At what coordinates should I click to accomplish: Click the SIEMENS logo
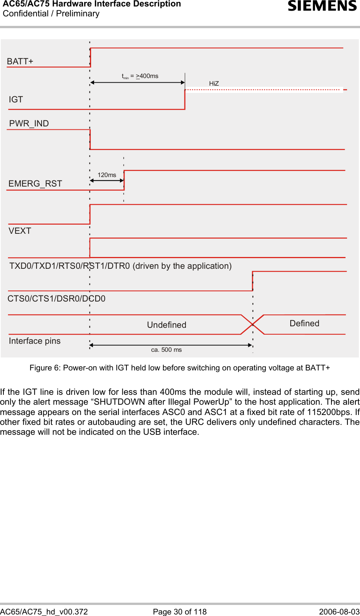tap(322, 6)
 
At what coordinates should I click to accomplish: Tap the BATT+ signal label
tap(20, 61)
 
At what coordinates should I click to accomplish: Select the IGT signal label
tap(16, 99)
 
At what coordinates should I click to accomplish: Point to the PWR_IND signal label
tap(29, 123)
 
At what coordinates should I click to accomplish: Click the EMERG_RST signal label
tap(35, 184)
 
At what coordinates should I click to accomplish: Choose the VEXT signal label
tap(20, 231)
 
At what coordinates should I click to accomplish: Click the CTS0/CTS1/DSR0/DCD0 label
tap(56, 298)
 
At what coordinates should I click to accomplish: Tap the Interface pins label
tap(35, 341)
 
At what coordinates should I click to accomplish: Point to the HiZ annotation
tap(214, 83)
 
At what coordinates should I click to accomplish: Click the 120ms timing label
tap(107, 175)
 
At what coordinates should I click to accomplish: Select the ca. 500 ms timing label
tap(166, 349)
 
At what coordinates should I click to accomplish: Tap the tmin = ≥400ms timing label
tap(140, 76)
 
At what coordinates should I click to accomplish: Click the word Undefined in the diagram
tap(166, 325)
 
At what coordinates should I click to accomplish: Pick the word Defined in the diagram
tap(304, 323)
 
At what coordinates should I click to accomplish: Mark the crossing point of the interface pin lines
tap(253, 324)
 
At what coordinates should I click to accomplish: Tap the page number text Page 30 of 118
tap(180, 611)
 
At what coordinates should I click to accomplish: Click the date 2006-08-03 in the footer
tap(339, 611)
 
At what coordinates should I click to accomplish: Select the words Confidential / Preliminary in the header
tap(51, 14)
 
